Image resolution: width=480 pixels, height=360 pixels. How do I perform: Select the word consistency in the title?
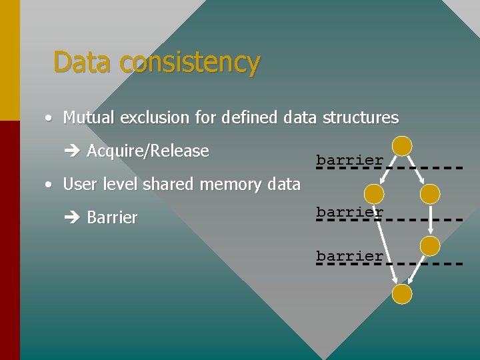point(190,62)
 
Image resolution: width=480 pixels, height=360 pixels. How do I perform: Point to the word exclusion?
point(159,118)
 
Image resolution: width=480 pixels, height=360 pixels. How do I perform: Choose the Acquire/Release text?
point(148,151)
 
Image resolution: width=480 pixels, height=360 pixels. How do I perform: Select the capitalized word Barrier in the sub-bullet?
point(112,218)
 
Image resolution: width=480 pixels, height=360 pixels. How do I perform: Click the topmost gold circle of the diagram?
point(402,147)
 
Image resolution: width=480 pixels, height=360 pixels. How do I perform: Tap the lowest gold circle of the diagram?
point(402,294)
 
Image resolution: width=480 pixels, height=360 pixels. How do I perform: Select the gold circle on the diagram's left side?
point(375,194)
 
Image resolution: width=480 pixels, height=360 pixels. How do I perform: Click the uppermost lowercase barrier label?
point(349,160)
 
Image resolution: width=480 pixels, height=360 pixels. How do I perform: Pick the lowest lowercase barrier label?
point(349,256)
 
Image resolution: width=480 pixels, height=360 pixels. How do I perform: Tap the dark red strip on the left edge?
point(9,240)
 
